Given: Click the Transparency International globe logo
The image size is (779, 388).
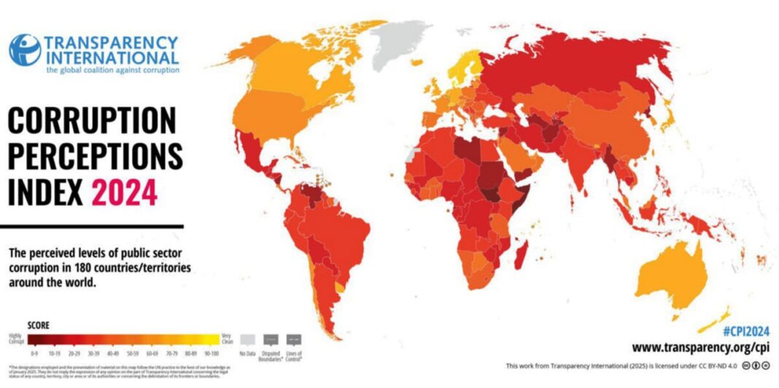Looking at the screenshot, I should pyautogui.click(x=25, y=50).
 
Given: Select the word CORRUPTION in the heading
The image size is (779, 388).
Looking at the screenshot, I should pyautogui.click(x=92, y=120).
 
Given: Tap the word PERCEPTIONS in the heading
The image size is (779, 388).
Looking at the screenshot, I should pyautogui.click(x=95, y=156).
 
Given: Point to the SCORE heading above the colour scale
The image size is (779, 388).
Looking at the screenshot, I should pyautogui.click(x=38, y=325).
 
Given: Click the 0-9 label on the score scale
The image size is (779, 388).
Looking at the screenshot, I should pyautogui.click(x=34, y=352).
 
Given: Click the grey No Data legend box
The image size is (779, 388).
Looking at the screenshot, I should pyautogui.click(x=249, y=338).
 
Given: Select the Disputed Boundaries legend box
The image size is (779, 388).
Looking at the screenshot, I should pyautogui.click(x=270, y=338).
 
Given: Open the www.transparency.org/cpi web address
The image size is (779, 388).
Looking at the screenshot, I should pyautogui.click(x=699, y=347).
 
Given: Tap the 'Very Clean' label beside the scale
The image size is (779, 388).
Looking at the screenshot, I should pyautogui.click(x=227, y=338).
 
